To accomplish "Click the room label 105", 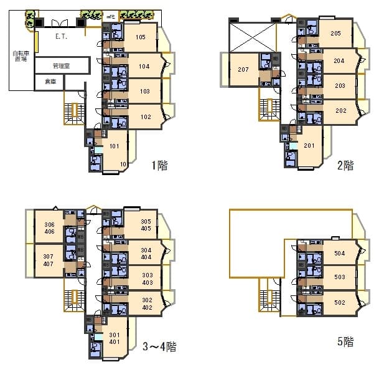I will (x=140, y=37).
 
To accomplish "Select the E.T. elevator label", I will (x=61, y=37).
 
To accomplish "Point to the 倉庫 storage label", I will (x=50, y=82).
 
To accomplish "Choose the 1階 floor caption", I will (x=159, y=166).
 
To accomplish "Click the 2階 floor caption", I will (x=345, y=166).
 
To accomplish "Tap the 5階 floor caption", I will (x=345, y=341).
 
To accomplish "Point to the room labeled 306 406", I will (x=49, y=228).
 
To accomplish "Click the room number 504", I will (x=340, y=254).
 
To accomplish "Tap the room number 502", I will (x=340, y=303).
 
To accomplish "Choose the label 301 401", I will (x=114, y=337).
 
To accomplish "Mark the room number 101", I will (x=115, y=147).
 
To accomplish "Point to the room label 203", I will (x=340, y=86).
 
